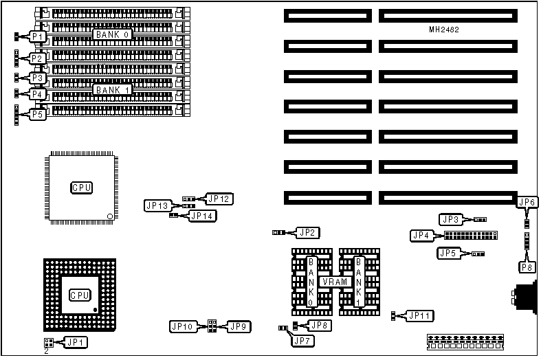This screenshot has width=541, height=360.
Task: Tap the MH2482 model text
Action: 445,31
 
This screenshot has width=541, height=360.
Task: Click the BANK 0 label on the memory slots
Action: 113,34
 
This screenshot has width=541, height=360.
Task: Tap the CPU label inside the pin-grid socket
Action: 80,295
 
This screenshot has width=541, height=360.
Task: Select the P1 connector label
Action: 37,36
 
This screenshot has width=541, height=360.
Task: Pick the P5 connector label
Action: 37,115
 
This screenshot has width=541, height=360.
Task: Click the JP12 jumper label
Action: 219,199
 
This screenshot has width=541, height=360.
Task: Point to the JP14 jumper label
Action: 202,216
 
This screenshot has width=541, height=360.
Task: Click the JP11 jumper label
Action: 419,315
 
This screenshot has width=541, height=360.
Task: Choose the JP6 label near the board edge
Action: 527,202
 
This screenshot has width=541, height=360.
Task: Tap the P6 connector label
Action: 527,267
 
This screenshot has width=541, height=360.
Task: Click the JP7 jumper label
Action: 302,339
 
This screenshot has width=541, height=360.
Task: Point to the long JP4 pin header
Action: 472,236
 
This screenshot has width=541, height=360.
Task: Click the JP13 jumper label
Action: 157,205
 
